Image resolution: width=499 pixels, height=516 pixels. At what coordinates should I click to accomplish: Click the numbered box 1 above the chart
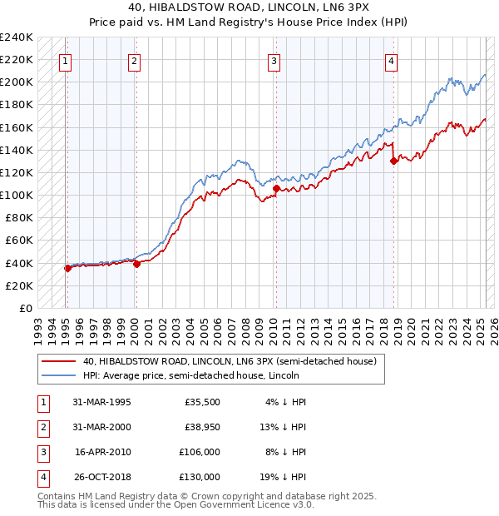tap(65, 60)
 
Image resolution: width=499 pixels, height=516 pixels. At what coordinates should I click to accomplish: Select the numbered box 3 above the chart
tap(274, 60)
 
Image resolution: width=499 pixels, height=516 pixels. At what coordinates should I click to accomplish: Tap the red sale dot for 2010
tap(276, 189)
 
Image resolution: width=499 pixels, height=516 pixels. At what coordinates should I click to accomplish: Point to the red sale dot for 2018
tap(393, 161)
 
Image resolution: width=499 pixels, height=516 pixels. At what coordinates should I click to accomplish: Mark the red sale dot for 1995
tap(68, 268)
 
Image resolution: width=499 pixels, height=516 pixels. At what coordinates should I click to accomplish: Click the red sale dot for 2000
tap(137, 264)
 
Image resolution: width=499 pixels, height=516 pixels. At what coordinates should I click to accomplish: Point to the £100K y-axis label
tap(17, 195)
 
